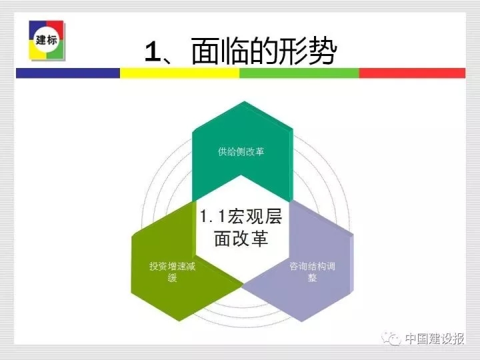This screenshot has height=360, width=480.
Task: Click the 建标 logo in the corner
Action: coord(47,40)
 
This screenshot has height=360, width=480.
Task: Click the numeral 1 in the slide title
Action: coord(153,52)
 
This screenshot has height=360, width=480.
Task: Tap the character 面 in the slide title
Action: coord(206,51)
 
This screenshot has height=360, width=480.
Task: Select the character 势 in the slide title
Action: coord(323,51)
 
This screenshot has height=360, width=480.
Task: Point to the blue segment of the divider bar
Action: coord(67,73)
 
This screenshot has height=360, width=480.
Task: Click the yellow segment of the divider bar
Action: coord(179,73)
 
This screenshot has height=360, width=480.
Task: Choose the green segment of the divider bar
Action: coord(299,73)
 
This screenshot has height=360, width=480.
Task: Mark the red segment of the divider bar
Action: coord(412,73)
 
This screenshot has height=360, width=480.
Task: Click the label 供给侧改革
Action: coord(241,151)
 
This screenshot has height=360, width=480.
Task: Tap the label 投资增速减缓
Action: coord(173,271)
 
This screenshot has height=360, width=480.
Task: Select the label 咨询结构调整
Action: coord(312,271)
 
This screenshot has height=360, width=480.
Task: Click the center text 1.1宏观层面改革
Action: coord(241,227)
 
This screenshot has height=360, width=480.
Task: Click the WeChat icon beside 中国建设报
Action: coord(391,338)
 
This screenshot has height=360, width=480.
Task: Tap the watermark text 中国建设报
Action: coord(435,339)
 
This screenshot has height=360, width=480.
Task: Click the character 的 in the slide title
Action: coord(264,51)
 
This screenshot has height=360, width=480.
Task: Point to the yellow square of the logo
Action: coord(37,51)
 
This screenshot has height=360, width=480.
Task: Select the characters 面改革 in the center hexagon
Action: coord(241,239)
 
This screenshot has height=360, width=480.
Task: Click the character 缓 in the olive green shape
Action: coord(173,277)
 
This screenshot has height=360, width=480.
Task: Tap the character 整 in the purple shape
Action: coord(312,277)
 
